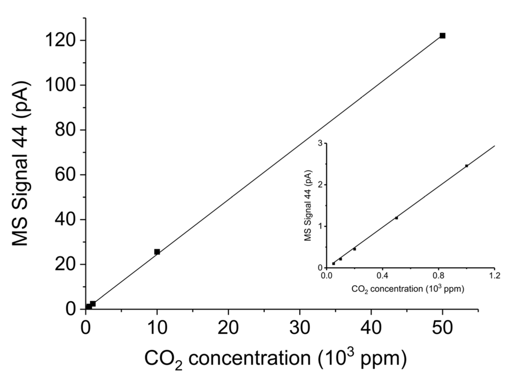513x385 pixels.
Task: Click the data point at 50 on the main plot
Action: coord(442,36)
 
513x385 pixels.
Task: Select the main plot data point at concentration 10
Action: coord(157,252)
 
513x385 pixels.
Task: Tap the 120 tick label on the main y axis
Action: coord(61,41)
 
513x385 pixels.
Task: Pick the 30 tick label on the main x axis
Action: coord(300,328)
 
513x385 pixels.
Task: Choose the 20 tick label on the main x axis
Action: coord(228,328)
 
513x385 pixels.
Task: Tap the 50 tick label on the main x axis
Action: coord(442,328)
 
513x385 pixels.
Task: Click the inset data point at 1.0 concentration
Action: coord(467,166)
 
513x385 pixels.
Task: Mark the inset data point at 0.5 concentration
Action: coord(397,218)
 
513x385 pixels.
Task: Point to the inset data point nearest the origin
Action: coord(333,264)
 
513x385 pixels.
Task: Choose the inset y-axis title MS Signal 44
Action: coord(308,205)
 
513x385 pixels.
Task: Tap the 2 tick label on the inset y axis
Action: coord(321,185)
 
